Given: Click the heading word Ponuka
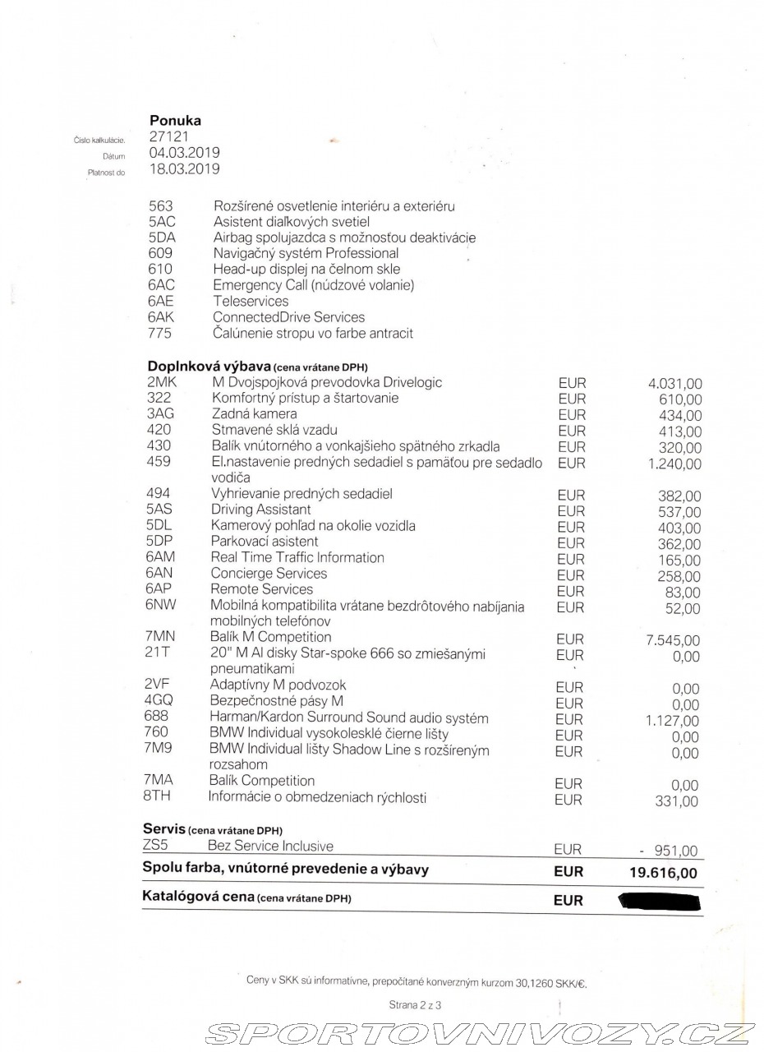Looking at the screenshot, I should point(175,121).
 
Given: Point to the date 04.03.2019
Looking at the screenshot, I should point(184,153).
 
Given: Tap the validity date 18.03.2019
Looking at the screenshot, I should point(184,169).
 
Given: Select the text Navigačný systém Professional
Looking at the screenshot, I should point(306,253).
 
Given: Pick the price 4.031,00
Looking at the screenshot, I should point(674,384).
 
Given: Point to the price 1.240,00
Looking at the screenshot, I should point(674,464).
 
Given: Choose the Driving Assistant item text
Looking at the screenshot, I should point(260,510).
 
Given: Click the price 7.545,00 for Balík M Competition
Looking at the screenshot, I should point(673,640).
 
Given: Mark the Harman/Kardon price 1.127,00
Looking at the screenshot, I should point(673,721).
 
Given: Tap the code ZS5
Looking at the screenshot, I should point(155,846).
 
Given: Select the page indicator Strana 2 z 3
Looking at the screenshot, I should point(415,1004).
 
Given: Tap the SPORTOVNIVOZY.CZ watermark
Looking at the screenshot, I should point(480,1033).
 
